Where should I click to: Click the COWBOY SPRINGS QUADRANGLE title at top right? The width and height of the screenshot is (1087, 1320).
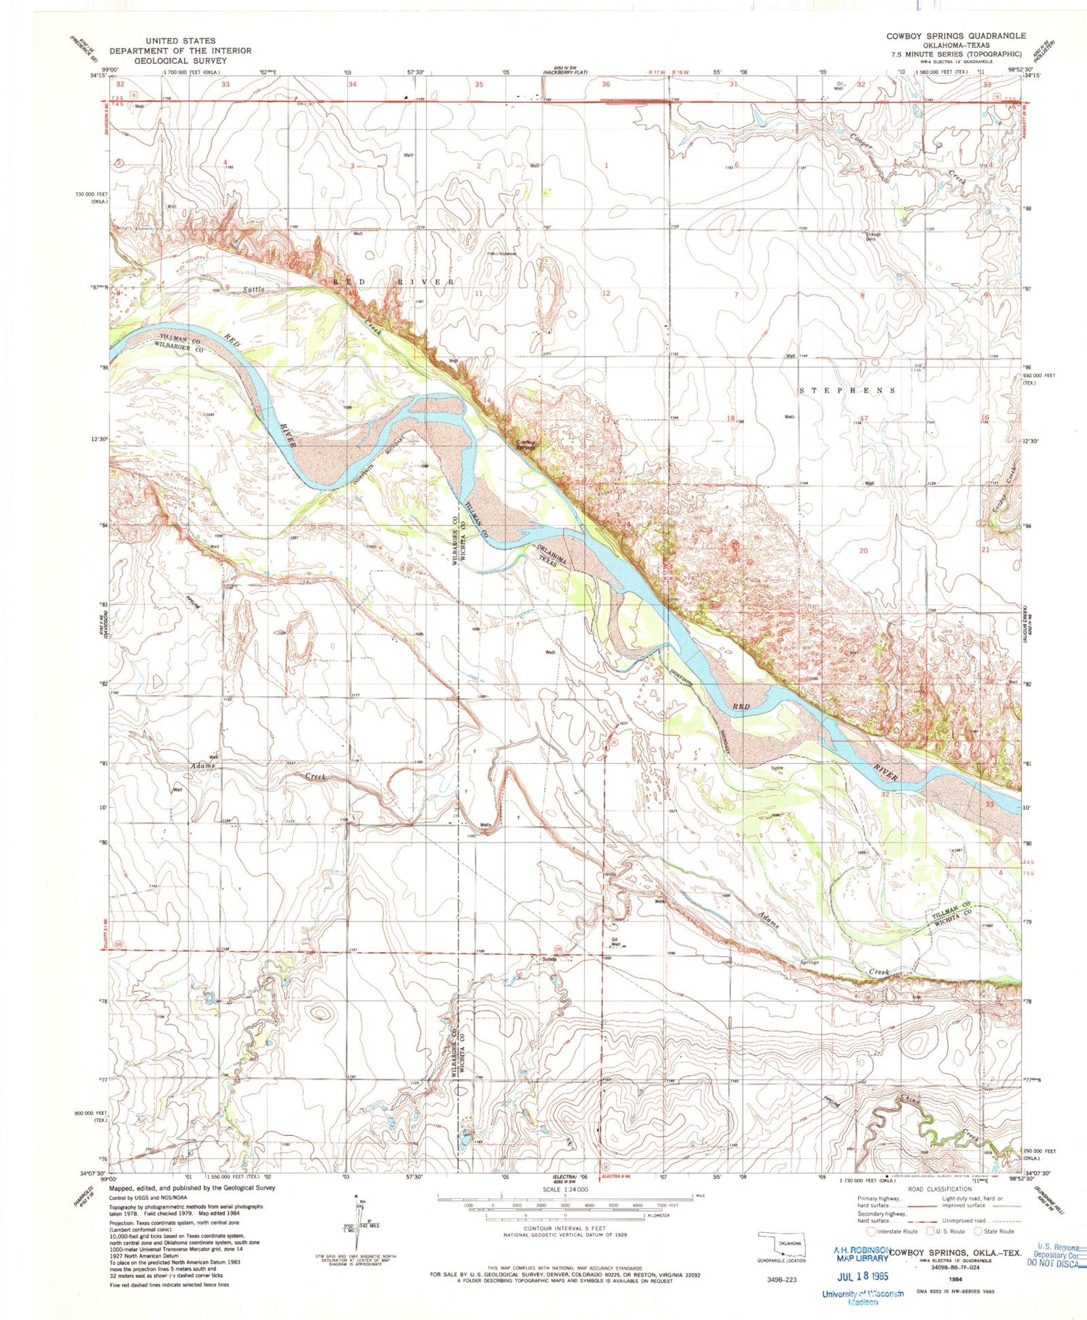tap(955, 35)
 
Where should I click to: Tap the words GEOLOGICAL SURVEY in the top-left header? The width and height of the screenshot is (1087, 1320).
tap(180, 61)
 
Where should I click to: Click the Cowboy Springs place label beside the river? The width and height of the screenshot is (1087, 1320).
tap(525, 445)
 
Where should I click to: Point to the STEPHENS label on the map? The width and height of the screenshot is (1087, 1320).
tap(847, 390)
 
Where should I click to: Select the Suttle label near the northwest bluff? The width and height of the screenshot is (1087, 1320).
tap(254, 289)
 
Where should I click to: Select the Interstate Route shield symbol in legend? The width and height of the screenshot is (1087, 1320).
tap(870, 1231)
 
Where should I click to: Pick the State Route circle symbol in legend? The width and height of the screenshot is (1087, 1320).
tap(978, 1231)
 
